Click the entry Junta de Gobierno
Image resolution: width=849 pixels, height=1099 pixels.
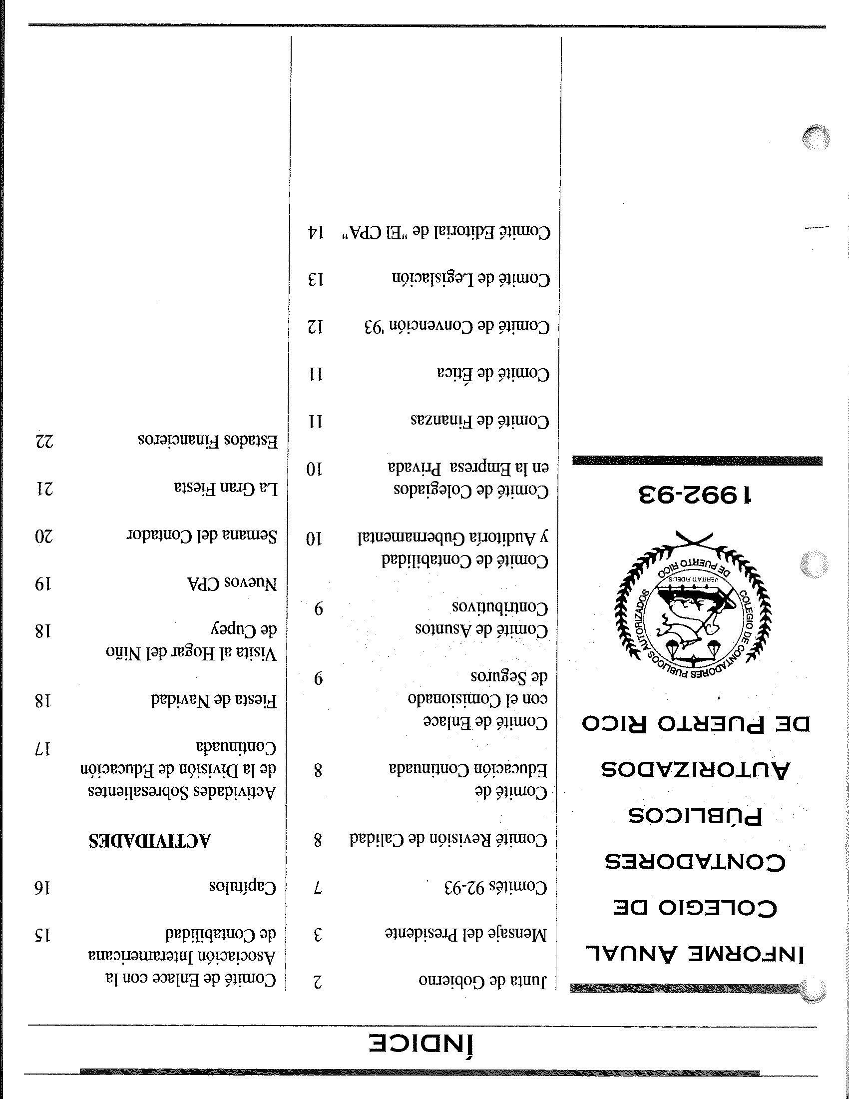coord(482,980)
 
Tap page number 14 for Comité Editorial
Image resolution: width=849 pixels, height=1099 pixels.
coord(316,232)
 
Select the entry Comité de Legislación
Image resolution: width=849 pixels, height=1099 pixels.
coord(471,279)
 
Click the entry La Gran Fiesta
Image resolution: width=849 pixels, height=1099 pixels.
coord(226,488)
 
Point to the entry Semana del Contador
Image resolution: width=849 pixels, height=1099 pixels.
coord(201,536)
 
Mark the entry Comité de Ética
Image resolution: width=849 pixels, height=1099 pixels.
coord(493,373)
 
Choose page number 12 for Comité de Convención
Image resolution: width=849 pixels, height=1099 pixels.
coord(316,328)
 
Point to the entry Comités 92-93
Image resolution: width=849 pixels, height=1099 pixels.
coord(496,888)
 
